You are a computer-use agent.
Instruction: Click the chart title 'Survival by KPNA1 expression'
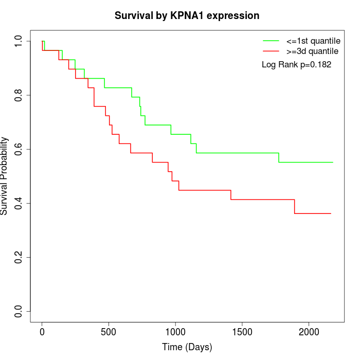[x=187, y=15]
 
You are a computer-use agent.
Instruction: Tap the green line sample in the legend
[x=271, y=41]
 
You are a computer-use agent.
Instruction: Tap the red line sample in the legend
[x=271, y=51]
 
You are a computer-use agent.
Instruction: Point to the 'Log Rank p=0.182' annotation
[x=296, y=65]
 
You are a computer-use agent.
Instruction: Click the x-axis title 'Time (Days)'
[x=187, y=347]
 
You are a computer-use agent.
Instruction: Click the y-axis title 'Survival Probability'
[x=5, y=176]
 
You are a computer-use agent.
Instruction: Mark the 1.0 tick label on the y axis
[x=19, y=41]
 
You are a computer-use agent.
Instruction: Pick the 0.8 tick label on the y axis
[x=19, y=95]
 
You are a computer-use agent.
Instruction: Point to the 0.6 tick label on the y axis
[x=19, y=149]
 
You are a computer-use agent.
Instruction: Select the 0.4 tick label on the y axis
[x=19, y=203]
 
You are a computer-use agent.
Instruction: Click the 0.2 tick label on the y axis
[x=19, y=257]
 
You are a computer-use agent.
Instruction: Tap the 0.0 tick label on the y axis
[x=19, y=311]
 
